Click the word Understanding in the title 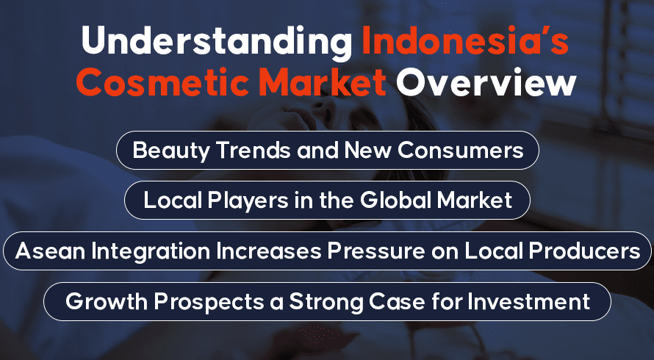pos(217,42)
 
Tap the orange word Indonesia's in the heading pos(465,40)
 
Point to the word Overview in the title pos(486,82)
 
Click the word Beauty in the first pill pos(171,151)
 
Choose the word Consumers pos(461,150)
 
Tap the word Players pos(248,201)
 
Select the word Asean pos(51,251)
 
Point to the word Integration pos(151,251)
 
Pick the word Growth pos(107,301)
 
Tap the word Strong pos(326,302)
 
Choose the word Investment pos(528,301)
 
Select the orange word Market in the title pos(323,82)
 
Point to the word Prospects pos(209,302)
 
